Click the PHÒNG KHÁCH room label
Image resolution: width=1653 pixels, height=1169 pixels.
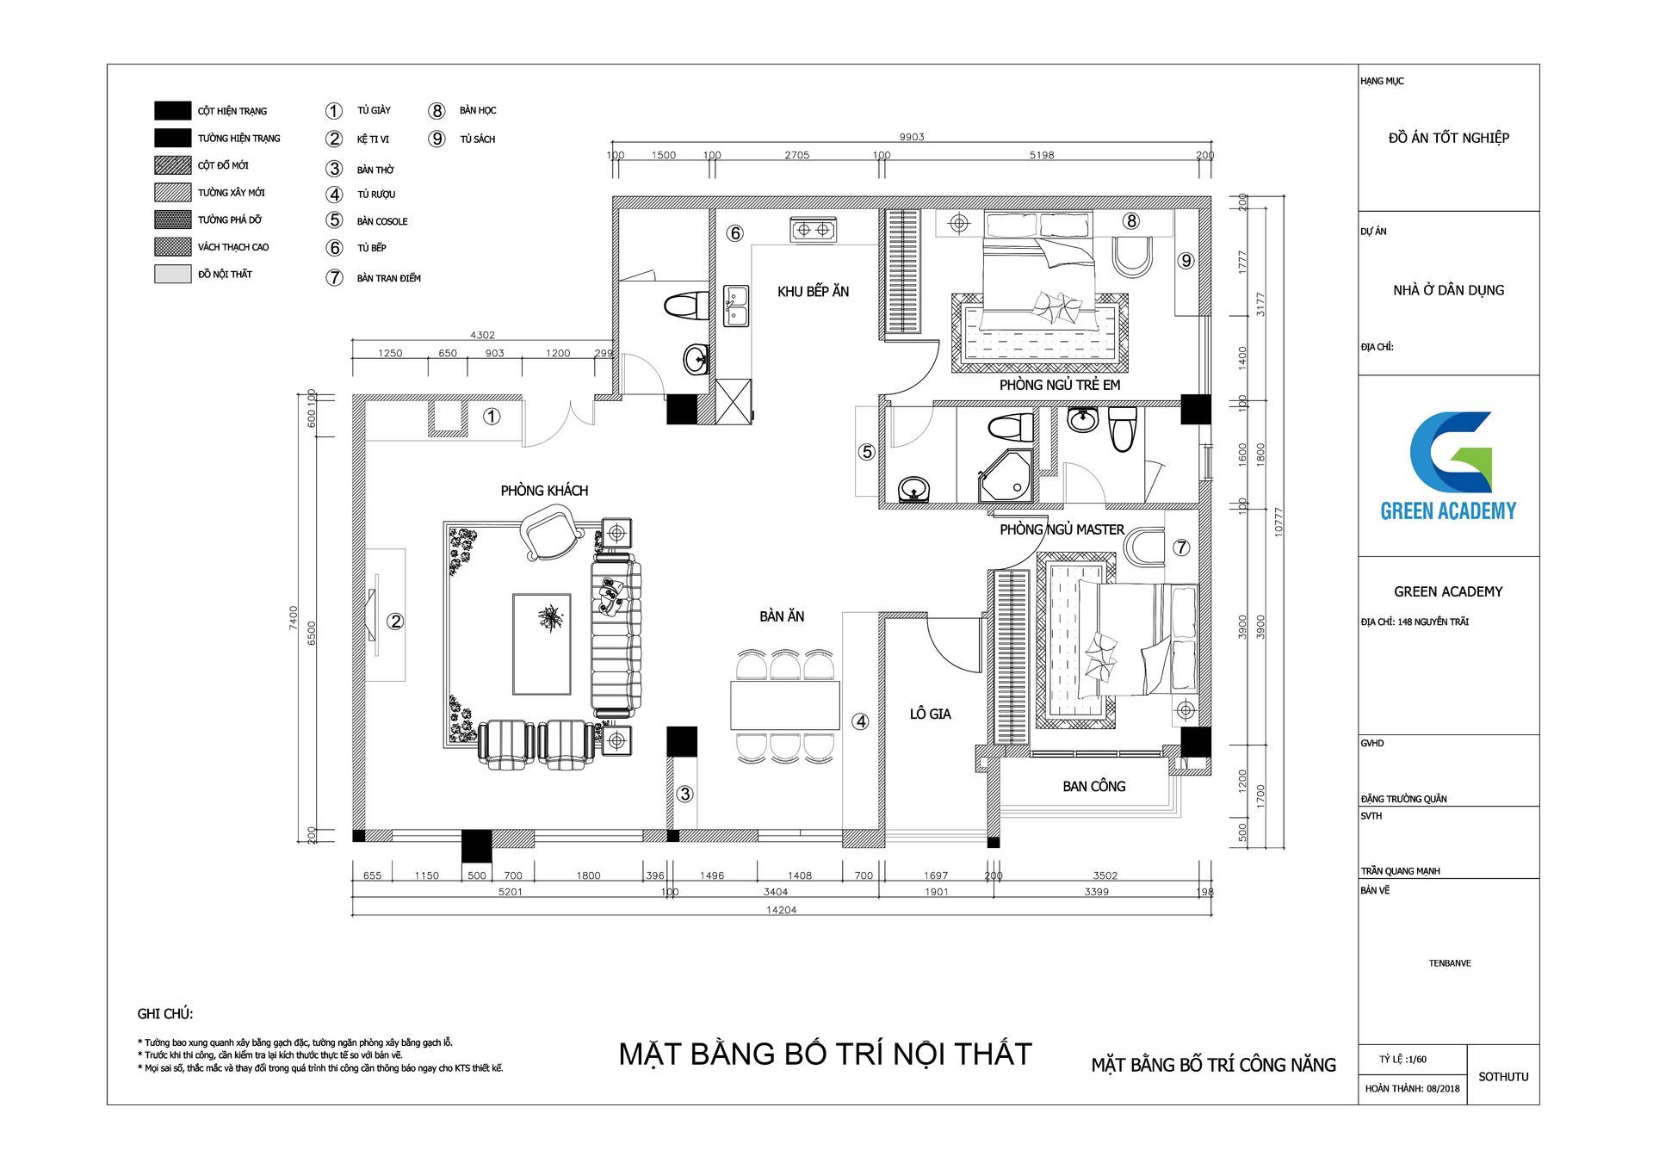click(x=544, y=491)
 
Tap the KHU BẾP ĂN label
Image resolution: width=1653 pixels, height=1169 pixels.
click(x=813, y=292)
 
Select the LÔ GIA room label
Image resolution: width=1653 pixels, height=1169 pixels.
click(x=930, y=714)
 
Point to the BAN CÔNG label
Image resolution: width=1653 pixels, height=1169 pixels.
click(x=1093, y=786)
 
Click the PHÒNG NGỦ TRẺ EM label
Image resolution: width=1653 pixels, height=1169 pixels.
click(x=1059, y=385)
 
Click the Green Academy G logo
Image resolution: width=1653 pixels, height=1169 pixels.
click(x=1450, y=453)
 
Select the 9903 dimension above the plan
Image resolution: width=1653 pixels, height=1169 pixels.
click(x=911, y=137)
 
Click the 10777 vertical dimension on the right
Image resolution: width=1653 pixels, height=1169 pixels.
click(x=1278, y=522)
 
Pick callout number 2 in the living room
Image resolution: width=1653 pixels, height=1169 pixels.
click(x=395, y=621)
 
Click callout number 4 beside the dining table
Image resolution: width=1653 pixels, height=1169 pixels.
click(x=860, y=722)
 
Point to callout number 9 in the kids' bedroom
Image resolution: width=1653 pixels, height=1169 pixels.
click(x=1186, y=260)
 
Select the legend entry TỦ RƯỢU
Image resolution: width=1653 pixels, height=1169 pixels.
click(x=376, y=195)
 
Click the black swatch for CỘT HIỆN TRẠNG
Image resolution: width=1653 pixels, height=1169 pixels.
click(x=172, y=110)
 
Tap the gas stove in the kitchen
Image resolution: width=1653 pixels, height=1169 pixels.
click(x=814, y=230)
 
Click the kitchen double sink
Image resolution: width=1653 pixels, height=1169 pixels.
click(x=736, y=306)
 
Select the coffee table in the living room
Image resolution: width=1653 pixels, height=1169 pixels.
click(x=542, y=643)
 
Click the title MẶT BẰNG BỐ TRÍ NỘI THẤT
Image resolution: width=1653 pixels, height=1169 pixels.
click(x=825, y=1054)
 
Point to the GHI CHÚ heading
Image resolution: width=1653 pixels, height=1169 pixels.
click(x=164, y=1014)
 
